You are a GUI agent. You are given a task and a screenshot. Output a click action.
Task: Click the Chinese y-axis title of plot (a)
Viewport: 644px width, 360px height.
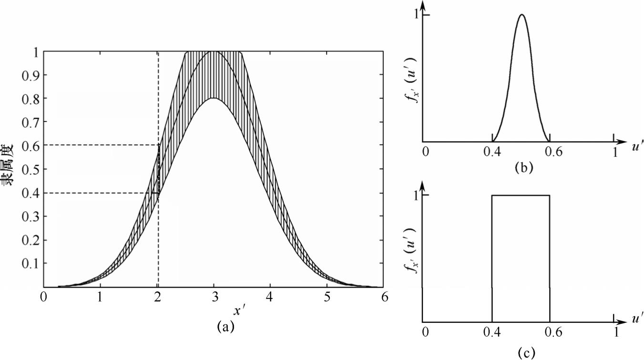pyautogui.click(x=10, y=169)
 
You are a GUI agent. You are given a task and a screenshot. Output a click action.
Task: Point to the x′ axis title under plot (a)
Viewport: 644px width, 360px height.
pyautogui.click(x=239, y=310)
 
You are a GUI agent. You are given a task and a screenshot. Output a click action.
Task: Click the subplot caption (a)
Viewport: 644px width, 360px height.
pyautogui.click(x=225, y=327)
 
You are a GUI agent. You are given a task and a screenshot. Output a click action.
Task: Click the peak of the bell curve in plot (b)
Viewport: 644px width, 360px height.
pyautogui.click(x=522, y=15)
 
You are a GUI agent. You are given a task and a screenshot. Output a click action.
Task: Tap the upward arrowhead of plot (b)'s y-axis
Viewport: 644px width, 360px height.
pyautogui.click(x=423, y=4)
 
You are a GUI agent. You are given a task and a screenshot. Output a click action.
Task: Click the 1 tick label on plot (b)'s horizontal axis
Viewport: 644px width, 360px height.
pyautogui.click(x=615, y=152)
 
